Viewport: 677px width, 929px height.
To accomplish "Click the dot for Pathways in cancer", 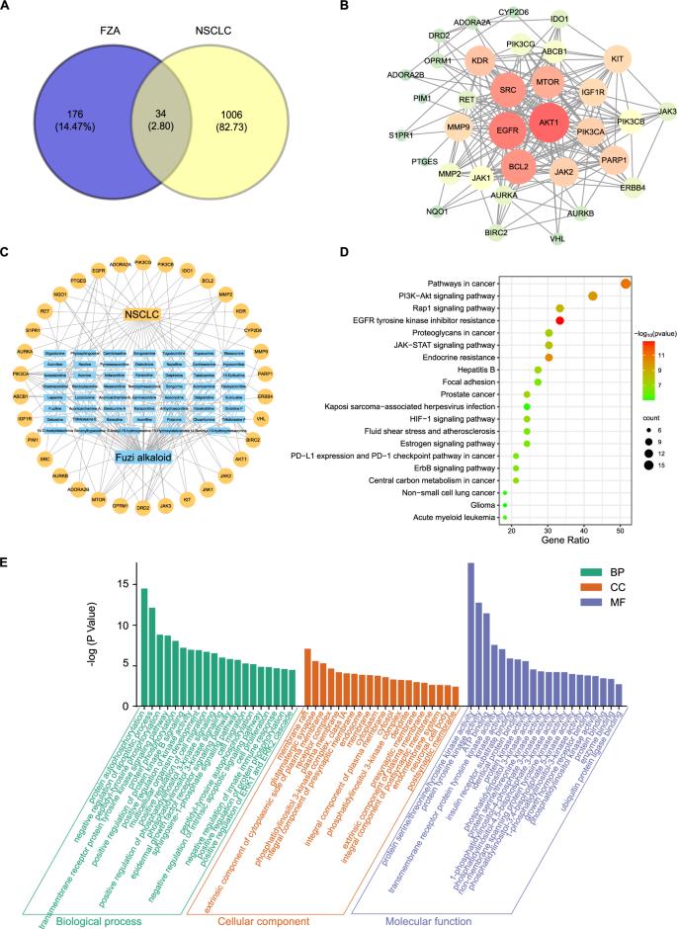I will pos(625,285).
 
